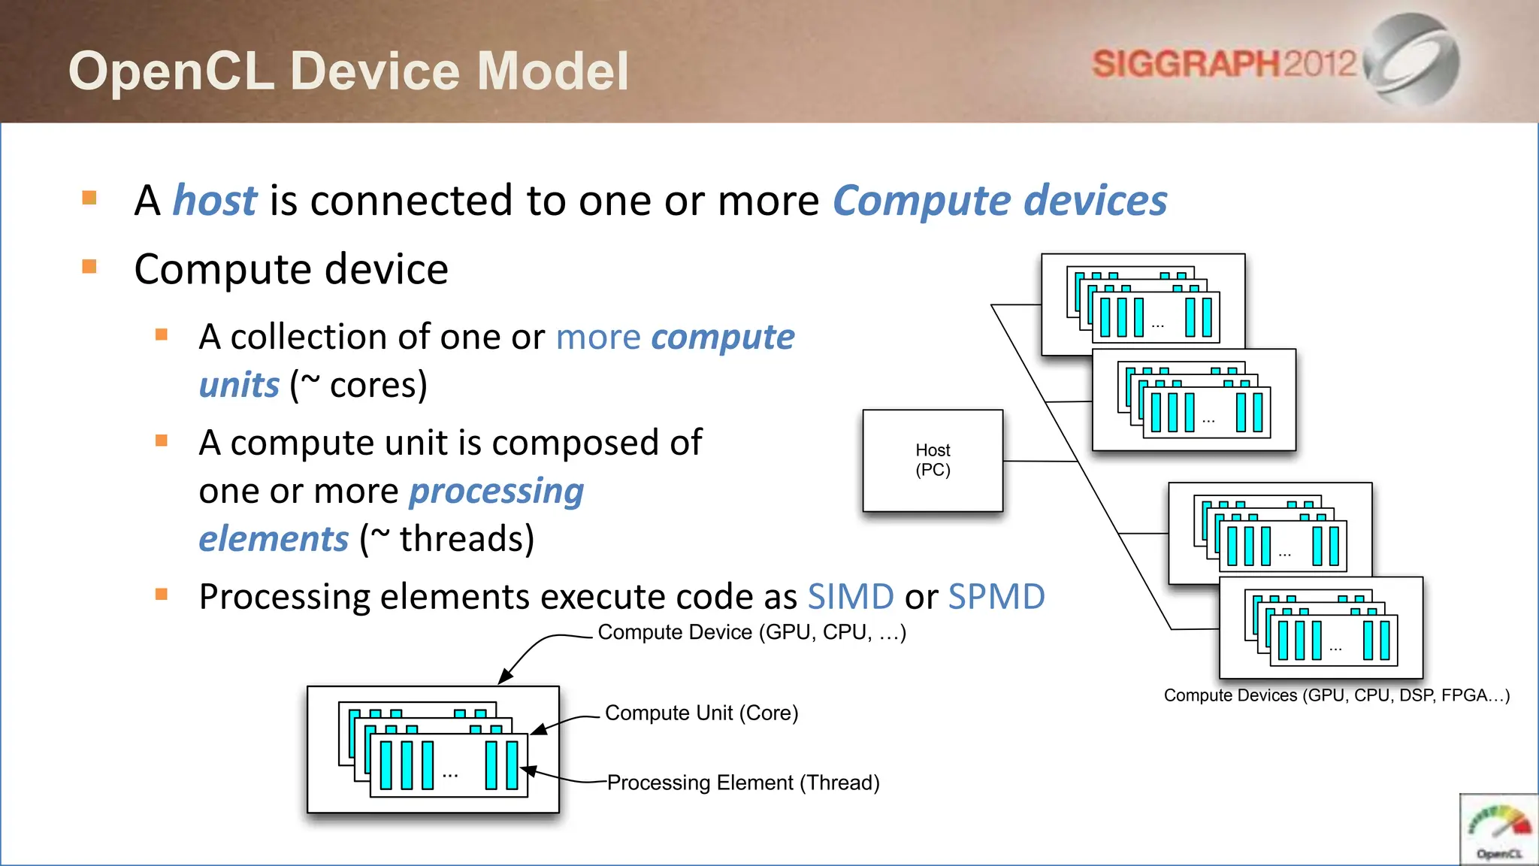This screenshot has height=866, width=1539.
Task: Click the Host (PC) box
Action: coord(933,460)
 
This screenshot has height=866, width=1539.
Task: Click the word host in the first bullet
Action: coord(215,201)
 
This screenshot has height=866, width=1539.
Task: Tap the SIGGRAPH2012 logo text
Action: coord(1223,64)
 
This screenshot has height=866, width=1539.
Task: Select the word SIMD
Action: coord(850,597)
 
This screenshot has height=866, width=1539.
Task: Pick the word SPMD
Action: coord(996,597)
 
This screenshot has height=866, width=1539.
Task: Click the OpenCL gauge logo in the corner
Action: coord(1498,831)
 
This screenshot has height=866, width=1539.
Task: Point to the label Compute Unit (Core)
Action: coord(701,713)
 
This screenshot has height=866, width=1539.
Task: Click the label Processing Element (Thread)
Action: coord(742,783)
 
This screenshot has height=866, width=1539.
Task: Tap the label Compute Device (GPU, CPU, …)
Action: coord(751,632)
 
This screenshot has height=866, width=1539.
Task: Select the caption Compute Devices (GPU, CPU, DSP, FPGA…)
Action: coord(1336,695)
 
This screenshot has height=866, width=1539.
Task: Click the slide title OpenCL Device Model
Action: coord(349,71)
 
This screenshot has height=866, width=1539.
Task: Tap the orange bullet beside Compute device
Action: coord(89,266)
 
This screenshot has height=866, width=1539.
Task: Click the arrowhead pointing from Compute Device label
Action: coord(504,677)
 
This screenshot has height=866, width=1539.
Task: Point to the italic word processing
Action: coord(496,492)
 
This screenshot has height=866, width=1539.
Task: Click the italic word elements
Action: coord(274,539)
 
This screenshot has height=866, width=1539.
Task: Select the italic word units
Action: coord(239,386)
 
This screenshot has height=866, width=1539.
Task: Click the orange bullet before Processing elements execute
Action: coord(161,595)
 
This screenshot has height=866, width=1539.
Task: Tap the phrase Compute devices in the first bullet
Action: coord(999,201)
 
